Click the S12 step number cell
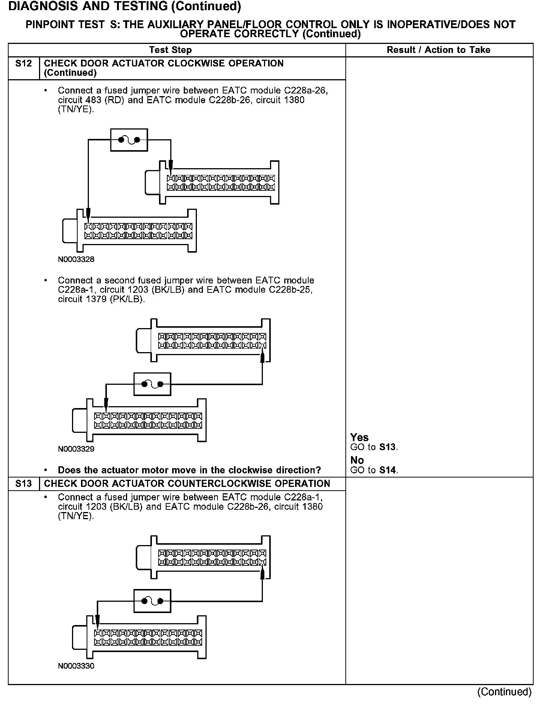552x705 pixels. tap(24, 63)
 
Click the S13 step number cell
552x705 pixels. tap(24, 484)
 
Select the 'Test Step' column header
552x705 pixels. tap(170, 50)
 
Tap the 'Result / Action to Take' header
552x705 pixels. tap(438, 50)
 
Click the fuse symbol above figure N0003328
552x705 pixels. tap(129, 140)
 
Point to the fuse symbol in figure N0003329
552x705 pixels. tap(152, 384)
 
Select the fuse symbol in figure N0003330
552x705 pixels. tap(152, 601)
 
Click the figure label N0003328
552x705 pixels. tap(76, 259)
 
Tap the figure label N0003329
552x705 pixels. tap(76, 449)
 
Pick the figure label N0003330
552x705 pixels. tap(76, 666)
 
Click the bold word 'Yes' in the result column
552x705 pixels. tap(359, 437)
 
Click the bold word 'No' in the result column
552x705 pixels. tap(357, 460)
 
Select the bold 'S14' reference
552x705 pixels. tap(387, 470)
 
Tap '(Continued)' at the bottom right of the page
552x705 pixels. tap(504, 691)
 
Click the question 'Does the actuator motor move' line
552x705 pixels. tap(189, 470)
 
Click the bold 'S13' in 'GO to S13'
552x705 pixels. tap(387, 447)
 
